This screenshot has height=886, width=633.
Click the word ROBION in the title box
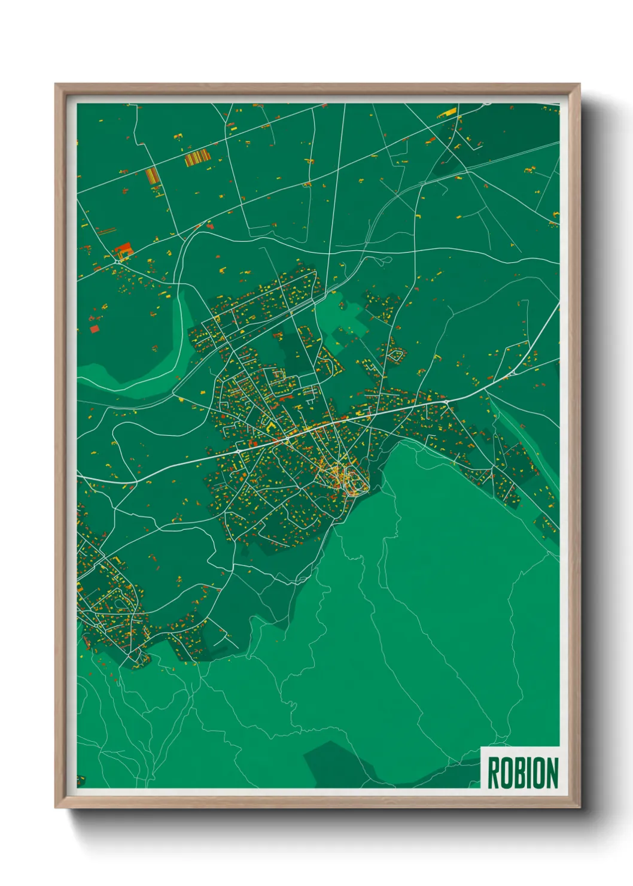coord(522,773)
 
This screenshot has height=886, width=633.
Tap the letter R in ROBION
coord(494,773)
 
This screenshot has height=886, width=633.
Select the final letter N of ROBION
coord(551,773)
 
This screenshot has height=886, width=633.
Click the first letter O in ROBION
coord(507,773)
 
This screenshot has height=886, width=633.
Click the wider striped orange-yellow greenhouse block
coord(197,158)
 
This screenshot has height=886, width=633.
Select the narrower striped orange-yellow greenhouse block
coord(152,175)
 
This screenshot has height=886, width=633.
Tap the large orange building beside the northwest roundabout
coord(123,250)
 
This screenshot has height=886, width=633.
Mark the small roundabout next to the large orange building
coord(116,262)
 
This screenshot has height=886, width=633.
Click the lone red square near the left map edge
coord(94,329)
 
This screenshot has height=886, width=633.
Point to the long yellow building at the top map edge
coord(447,112)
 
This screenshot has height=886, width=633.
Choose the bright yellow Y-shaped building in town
coord(270,426)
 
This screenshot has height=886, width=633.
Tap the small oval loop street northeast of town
coord(395,357)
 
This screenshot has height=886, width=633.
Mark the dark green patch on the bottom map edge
coord(335,766)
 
